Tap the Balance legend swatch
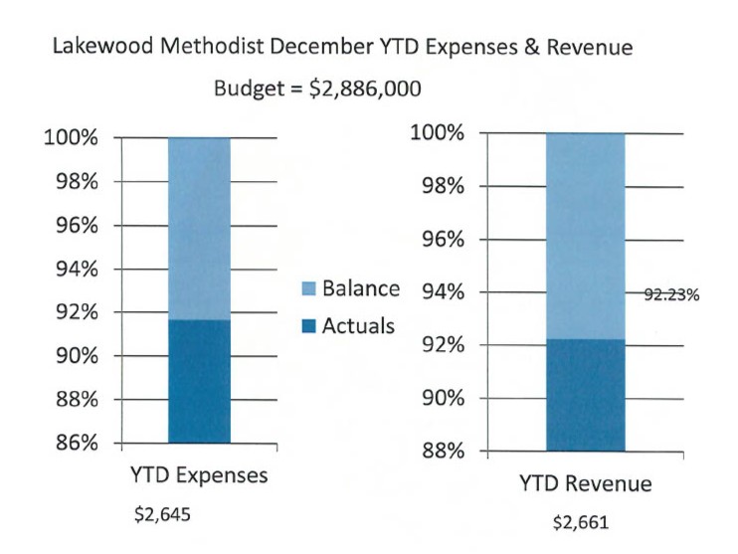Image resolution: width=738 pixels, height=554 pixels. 308,289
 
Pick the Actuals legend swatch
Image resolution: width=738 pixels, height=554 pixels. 308,325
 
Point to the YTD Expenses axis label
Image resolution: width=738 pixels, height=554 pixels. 198,475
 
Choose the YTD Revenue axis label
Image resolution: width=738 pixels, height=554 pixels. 585,484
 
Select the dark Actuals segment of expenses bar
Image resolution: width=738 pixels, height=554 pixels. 199,381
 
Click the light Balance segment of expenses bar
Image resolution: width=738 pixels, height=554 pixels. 199,229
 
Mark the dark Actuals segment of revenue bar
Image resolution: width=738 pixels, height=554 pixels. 585,395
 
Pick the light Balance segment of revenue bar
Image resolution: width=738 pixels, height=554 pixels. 585,236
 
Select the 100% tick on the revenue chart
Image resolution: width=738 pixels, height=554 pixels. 438,133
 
